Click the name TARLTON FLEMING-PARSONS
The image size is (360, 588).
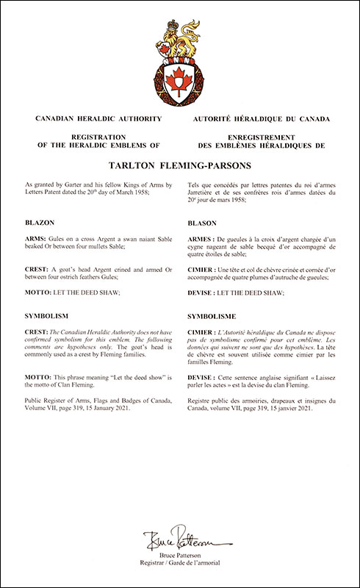179,166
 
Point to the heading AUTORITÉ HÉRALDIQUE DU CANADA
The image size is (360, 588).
261,118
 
